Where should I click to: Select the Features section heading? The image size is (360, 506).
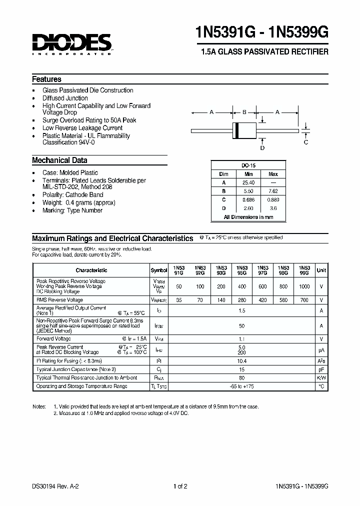pos(46,79)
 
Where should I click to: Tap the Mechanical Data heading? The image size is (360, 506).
pos(59,160)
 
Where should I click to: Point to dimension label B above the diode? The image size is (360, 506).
pos(244,112)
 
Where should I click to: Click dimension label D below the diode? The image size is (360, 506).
pos(262,148)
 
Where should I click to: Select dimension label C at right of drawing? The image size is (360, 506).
pos(306,142)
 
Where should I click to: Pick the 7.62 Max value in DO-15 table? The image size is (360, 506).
pos(273,191)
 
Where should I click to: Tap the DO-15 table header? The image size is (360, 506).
pos(248,165)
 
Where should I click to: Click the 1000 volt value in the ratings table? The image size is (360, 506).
pos(304,287)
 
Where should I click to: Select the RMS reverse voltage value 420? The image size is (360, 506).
pos(262,300)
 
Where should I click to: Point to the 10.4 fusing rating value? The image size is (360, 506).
pos(241,360)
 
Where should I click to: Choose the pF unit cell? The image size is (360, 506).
pos(321,369)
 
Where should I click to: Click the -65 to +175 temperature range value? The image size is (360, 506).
pos(241,386)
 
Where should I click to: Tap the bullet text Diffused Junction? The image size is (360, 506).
pos(65,98)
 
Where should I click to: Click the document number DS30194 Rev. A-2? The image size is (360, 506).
pos(56,486)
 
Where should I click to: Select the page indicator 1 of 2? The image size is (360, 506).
pos(180,486)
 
